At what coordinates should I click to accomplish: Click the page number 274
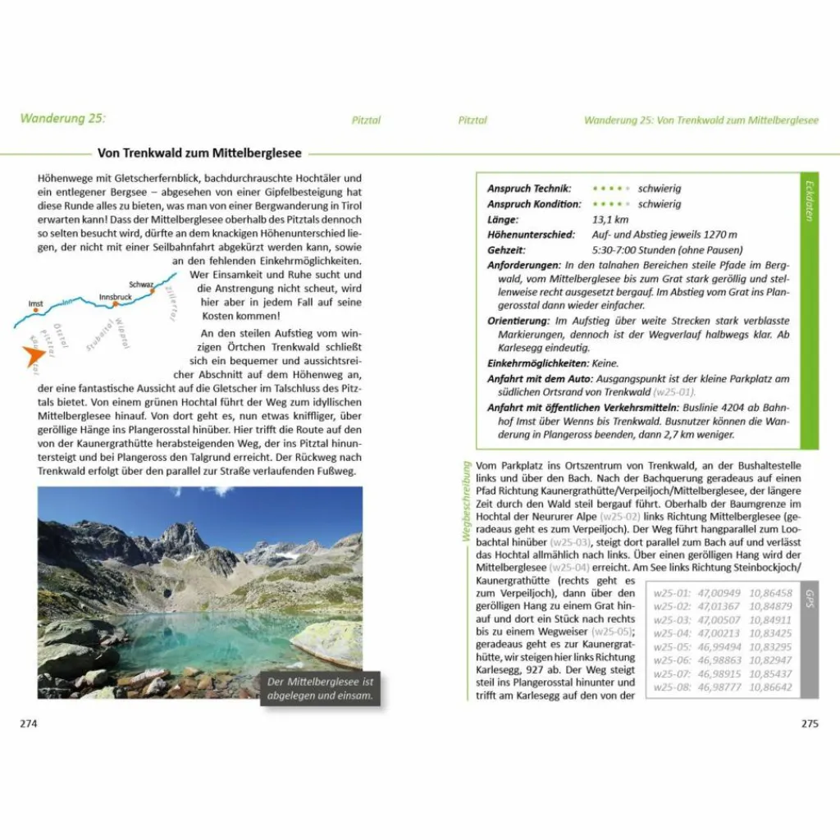[29, 724]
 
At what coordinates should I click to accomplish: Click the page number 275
[810, 724]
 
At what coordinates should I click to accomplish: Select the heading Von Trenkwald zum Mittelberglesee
[199, 153]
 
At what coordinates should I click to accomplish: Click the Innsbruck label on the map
[115, 296]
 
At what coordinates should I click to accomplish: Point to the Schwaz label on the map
[141, 285]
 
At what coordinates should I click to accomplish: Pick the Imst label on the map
[36, 303]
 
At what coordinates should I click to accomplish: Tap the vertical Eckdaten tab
[808, 200]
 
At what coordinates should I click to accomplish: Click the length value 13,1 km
[611, 220]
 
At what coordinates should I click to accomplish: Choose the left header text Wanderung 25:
[62, 119]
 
